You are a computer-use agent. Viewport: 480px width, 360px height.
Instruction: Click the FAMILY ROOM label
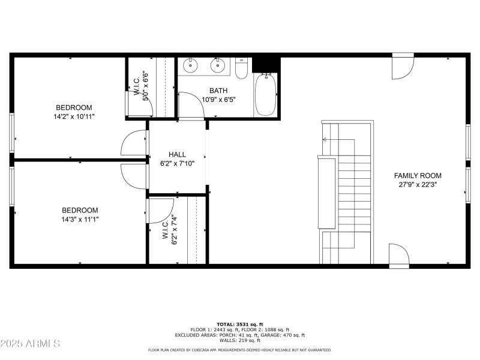click(x=418, y=176)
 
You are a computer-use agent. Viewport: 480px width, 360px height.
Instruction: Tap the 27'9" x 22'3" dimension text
click(x=418, y=185)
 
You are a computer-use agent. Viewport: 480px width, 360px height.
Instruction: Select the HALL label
click(x=177, y=154)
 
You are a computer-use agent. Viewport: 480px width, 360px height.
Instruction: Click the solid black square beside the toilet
click(x=266, y=64)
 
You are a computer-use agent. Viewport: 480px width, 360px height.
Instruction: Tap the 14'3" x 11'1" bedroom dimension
click(x=80, y=220)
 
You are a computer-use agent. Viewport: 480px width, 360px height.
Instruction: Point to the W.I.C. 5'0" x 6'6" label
click(x=141, y=88)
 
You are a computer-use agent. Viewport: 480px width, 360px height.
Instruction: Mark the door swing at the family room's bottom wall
click(x=398, y=255)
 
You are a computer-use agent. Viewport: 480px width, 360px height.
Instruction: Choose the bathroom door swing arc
click(x=190, y=105)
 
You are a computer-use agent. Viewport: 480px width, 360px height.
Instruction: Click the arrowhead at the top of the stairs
click(x=325, y=140)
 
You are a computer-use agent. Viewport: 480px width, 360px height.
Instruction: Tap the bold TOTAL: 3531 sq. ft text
click(x=240, y=324)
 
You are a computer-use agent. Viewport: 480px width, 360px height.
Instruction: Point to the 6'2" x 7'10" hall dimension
click(x=177, y=163)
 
